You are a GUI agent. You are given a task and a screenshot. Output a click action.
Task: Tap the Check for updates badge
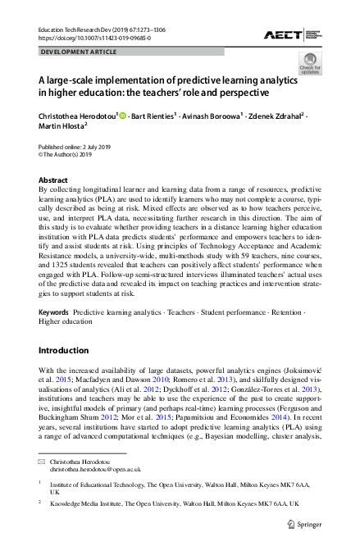coord(311,63)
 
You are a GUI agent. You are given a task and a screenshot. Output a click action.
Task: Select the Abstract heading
coord(53,178)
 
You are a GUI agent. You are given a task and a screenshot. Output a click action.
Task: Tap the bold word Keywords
coord(53,313)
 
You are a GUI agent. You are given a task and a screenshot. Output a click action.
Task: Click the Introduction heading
coord(64,350)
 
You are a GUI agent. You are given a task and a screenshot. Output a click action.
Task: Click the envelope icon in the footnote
coord(43,463)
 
